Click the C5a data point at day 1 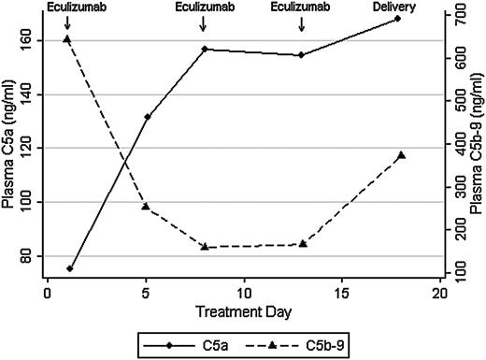pyautogui.click(x=70, y=268)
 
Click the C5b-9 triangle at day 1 pyautogui.click(x=66, y=39)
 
